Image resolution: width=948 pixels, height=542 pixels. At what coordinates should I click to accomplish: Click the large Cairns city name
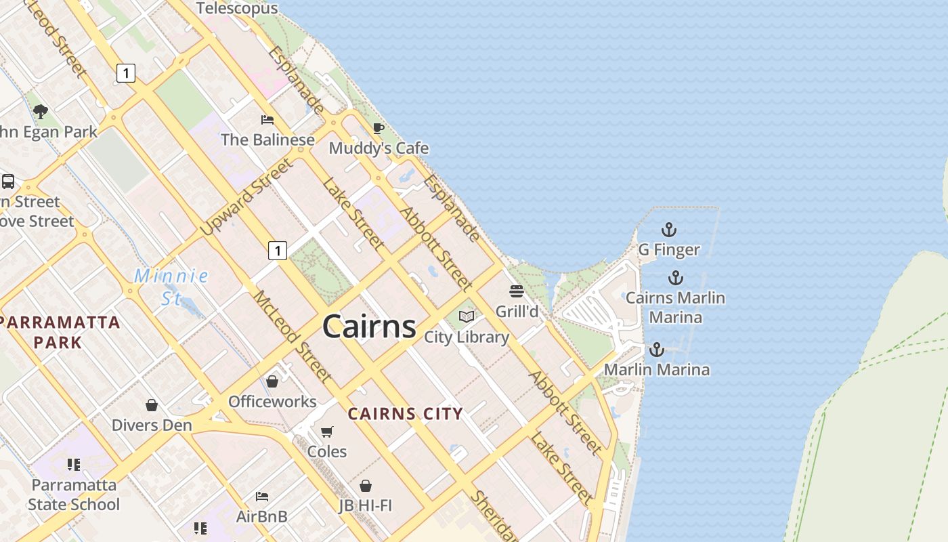click(369, 327)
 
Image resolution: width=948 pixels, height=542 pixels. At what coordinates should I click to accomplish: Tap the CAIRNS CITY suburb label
click(406, 413)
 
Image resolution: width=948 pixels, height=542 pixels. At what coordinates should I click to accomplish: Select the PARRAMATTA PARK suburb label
click(60, 332)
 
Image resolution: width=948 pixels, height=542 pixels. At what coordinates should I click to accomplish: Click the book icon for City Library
click(467, 316)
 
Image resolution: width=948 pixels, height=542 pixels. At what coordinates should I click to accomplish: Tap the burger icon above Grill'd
click(517, 291)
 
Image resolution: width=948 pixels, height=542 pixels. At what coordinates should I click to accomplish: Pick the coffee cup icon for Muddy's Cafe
click(379, 128)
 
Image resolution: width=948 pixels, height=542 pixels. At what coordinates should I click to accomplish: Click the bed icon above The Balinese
click(267, 120)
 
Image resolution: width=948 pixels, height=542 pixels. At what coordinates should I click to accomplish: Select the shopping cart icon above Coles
click(327, 432)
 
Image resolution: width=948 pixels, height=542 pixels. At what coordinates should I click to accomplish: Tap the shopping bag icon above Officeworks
click(272, 381)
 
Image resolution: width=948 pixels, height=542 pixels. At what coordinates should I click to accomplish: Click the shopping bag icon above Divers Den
click(152, 405)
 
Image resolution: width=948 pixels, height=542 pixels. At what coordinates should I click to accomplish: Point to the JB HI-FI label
click(366, 505)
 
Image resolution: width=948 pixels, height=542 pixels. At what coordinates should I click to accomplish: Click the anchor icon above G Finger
click(669, 230)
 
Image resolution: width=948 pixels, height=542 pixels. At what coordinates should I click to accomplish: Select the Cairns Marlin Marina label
click(675, 307)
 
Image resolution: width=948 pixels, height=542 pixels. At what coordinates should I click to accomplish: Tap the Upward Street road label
click(247, 197)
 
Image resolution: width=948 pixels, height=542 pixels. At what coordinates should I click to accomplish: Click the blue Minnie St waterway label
click(171, 287)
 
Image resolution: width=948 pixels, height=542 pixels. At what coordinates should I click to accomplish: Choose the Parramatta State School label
click(74, 495)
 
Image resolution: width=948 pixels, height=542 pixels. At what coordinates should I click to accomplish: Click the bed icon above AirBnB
click(262, 497)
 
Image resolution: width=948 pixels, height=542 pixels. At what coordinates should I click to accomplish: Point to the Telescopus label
click(237, 8)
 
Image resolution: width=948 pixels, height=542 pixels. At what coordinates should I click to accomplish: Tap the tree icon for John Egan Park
click(41, 111)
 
